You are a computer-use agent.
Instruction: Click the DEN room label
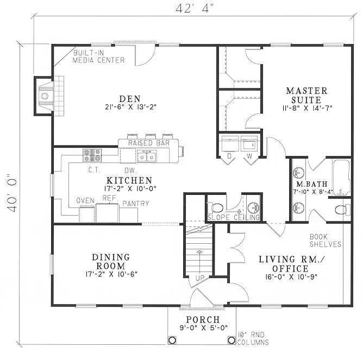pyautogui.click(x=130, y=98)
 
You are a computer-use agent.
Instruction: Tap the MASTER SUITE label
pyautogui.click(x=307, y=95)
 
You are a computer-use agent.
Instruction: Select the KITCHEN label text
pyautogui.click(x=129, y=180)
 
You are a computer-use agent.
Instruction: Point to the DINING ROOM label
pyautogui.click(x=111, y=261)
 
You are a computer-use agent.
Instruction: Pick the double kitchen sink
pyautogui.click(x=147, y=157)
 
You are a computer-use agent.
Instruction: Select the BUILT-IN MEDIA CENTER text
pyautogui.click(x=99, y=56)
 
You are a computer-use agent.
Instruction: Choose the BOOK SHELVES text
pyautogui.click(x=326, y=241)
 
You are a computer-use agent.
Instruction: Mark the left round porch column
pyautogui.click(x=172, y=340)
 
